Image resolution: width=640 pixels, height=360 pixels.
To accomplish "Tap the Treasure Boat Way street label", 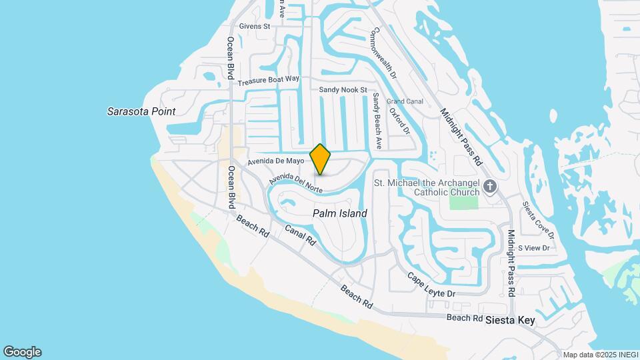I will pos(269,80).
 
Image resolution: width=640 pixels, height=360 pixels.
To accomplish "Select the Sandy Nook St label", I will pos(343,89).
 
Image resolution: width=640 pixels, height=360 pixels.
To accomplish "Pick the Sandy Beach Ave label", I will pos(377,120).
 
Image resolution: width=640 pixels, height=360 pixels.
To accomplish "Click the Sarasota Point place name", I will pos(141,111).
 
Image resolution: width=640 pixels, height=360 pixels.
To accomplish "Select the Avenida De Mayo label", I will pos(275,161).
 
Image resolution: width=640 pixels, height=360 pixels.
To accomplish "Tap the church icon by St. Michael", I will pos(490,186).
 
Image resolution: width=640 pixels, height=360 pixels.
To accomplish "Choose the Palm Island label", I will pos(340,213).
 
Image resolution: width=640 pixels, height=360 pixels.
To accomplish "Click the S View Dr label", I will pos(533,248).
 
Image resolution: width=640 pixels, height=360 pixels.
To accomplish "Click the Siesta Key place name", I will pos(510,321).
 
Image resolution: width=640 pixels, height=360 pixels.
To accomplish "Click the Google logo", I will pos(22,352).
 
